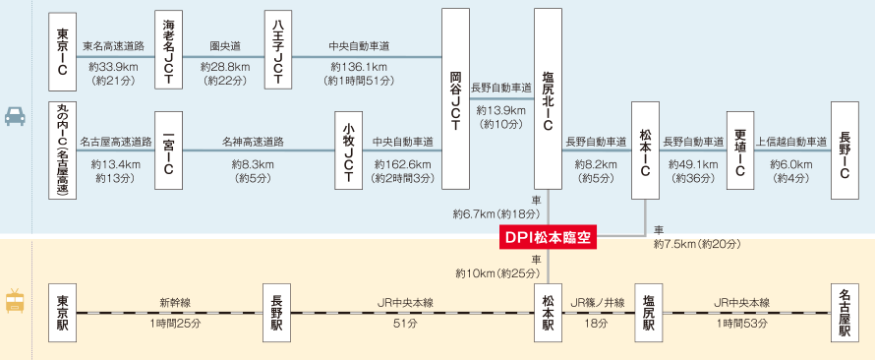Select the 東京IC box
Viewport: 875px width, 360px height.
coord(63,52)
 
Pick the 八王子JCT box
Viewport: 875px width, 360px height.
coord(278,50)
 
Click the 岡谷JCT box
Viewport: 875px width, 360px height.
coord(455,98)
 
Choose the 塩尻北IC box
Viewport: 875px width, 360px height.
coord(548,98)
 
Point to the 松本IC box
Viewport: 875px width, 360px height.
coord(645,150)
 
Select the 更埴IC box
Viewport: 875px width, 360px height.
coord(740,150)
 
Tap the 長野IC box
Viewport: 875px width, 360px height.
coord(845,150)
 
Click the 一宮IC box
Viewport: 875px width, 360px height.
coord(168,150)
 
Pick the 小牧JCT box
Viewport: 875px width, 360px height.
coord(349,150)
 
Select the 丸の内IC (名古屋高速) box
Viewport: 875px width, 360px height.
coord(63,150)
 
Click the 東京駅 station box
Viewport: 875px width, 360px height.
coord(63,313)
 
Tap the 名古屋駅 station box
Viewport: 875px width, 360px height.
coord(845,313)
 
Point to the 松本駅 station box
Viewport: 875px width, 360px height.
coord(548,313)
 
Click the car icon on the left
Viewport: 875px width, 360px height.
coord(15,115)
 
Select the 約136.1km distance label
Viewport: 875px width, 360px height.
coord(359,67)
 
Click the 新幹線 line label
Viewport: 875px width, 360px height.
coord(175,303)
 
